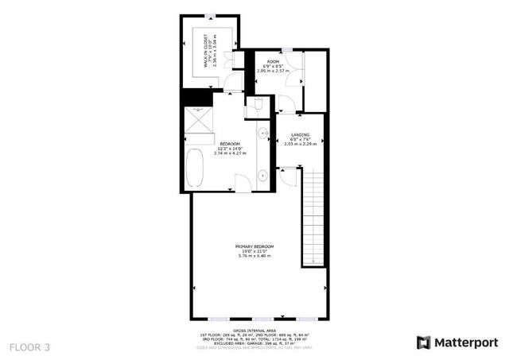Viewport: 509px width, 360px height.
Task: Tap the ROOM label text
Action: [273, 61]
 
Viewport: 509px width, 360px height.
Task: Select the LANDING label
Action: [300, 134]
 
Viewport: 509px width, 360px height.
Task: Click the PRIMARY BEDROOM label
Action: [254, 246]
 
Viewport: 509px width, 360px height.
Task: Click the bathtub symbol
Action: [195, 169]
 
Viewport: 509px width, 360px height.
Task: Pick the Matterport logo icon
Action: [424, 343]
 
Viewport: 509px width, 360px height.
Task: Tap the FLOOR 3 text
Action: [29, 346]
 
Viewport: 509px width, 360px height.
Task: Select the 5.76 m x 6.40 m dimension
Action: [254, 257]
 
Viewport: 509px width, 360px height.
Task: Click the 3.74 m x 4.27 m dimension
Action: [231, 153]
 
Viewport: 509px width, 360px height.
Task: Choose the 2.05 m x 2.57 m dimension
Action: [274, 72]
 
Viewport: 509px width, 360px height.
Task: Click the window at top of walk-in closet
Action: [209, 17]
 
